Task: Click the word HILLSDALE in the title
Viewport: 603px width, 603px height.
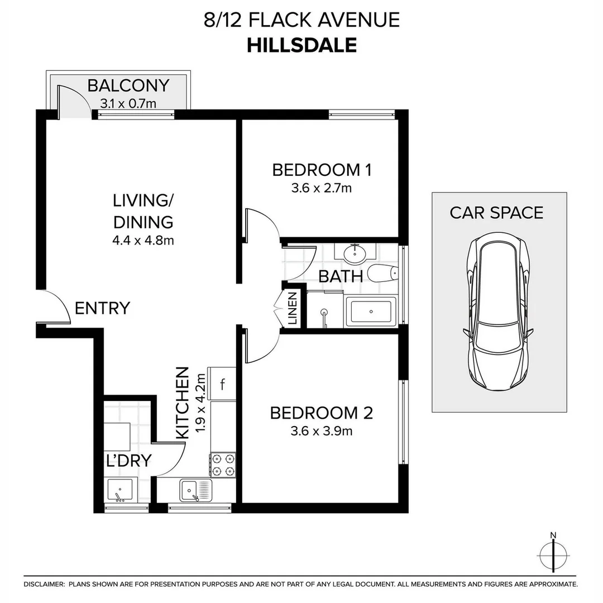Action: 301,45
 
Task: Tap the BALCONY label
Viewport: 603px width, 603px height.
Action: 128,85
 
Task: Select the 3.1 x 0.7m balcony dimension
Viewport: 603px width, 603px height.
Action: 128,103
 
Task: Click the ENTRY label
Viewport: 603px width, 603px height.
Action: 102,308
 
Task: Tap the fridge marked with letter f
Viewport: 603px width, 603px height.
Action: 222,384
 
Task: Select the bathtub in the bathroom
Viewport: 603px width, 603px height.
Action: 371,311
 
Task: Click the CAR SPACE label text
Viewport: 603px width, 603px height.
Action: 496,213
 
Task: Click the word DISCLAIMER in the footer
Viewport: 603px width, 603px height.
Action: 44,584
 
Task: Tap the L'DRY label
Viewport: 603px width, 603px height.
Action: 128,461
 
